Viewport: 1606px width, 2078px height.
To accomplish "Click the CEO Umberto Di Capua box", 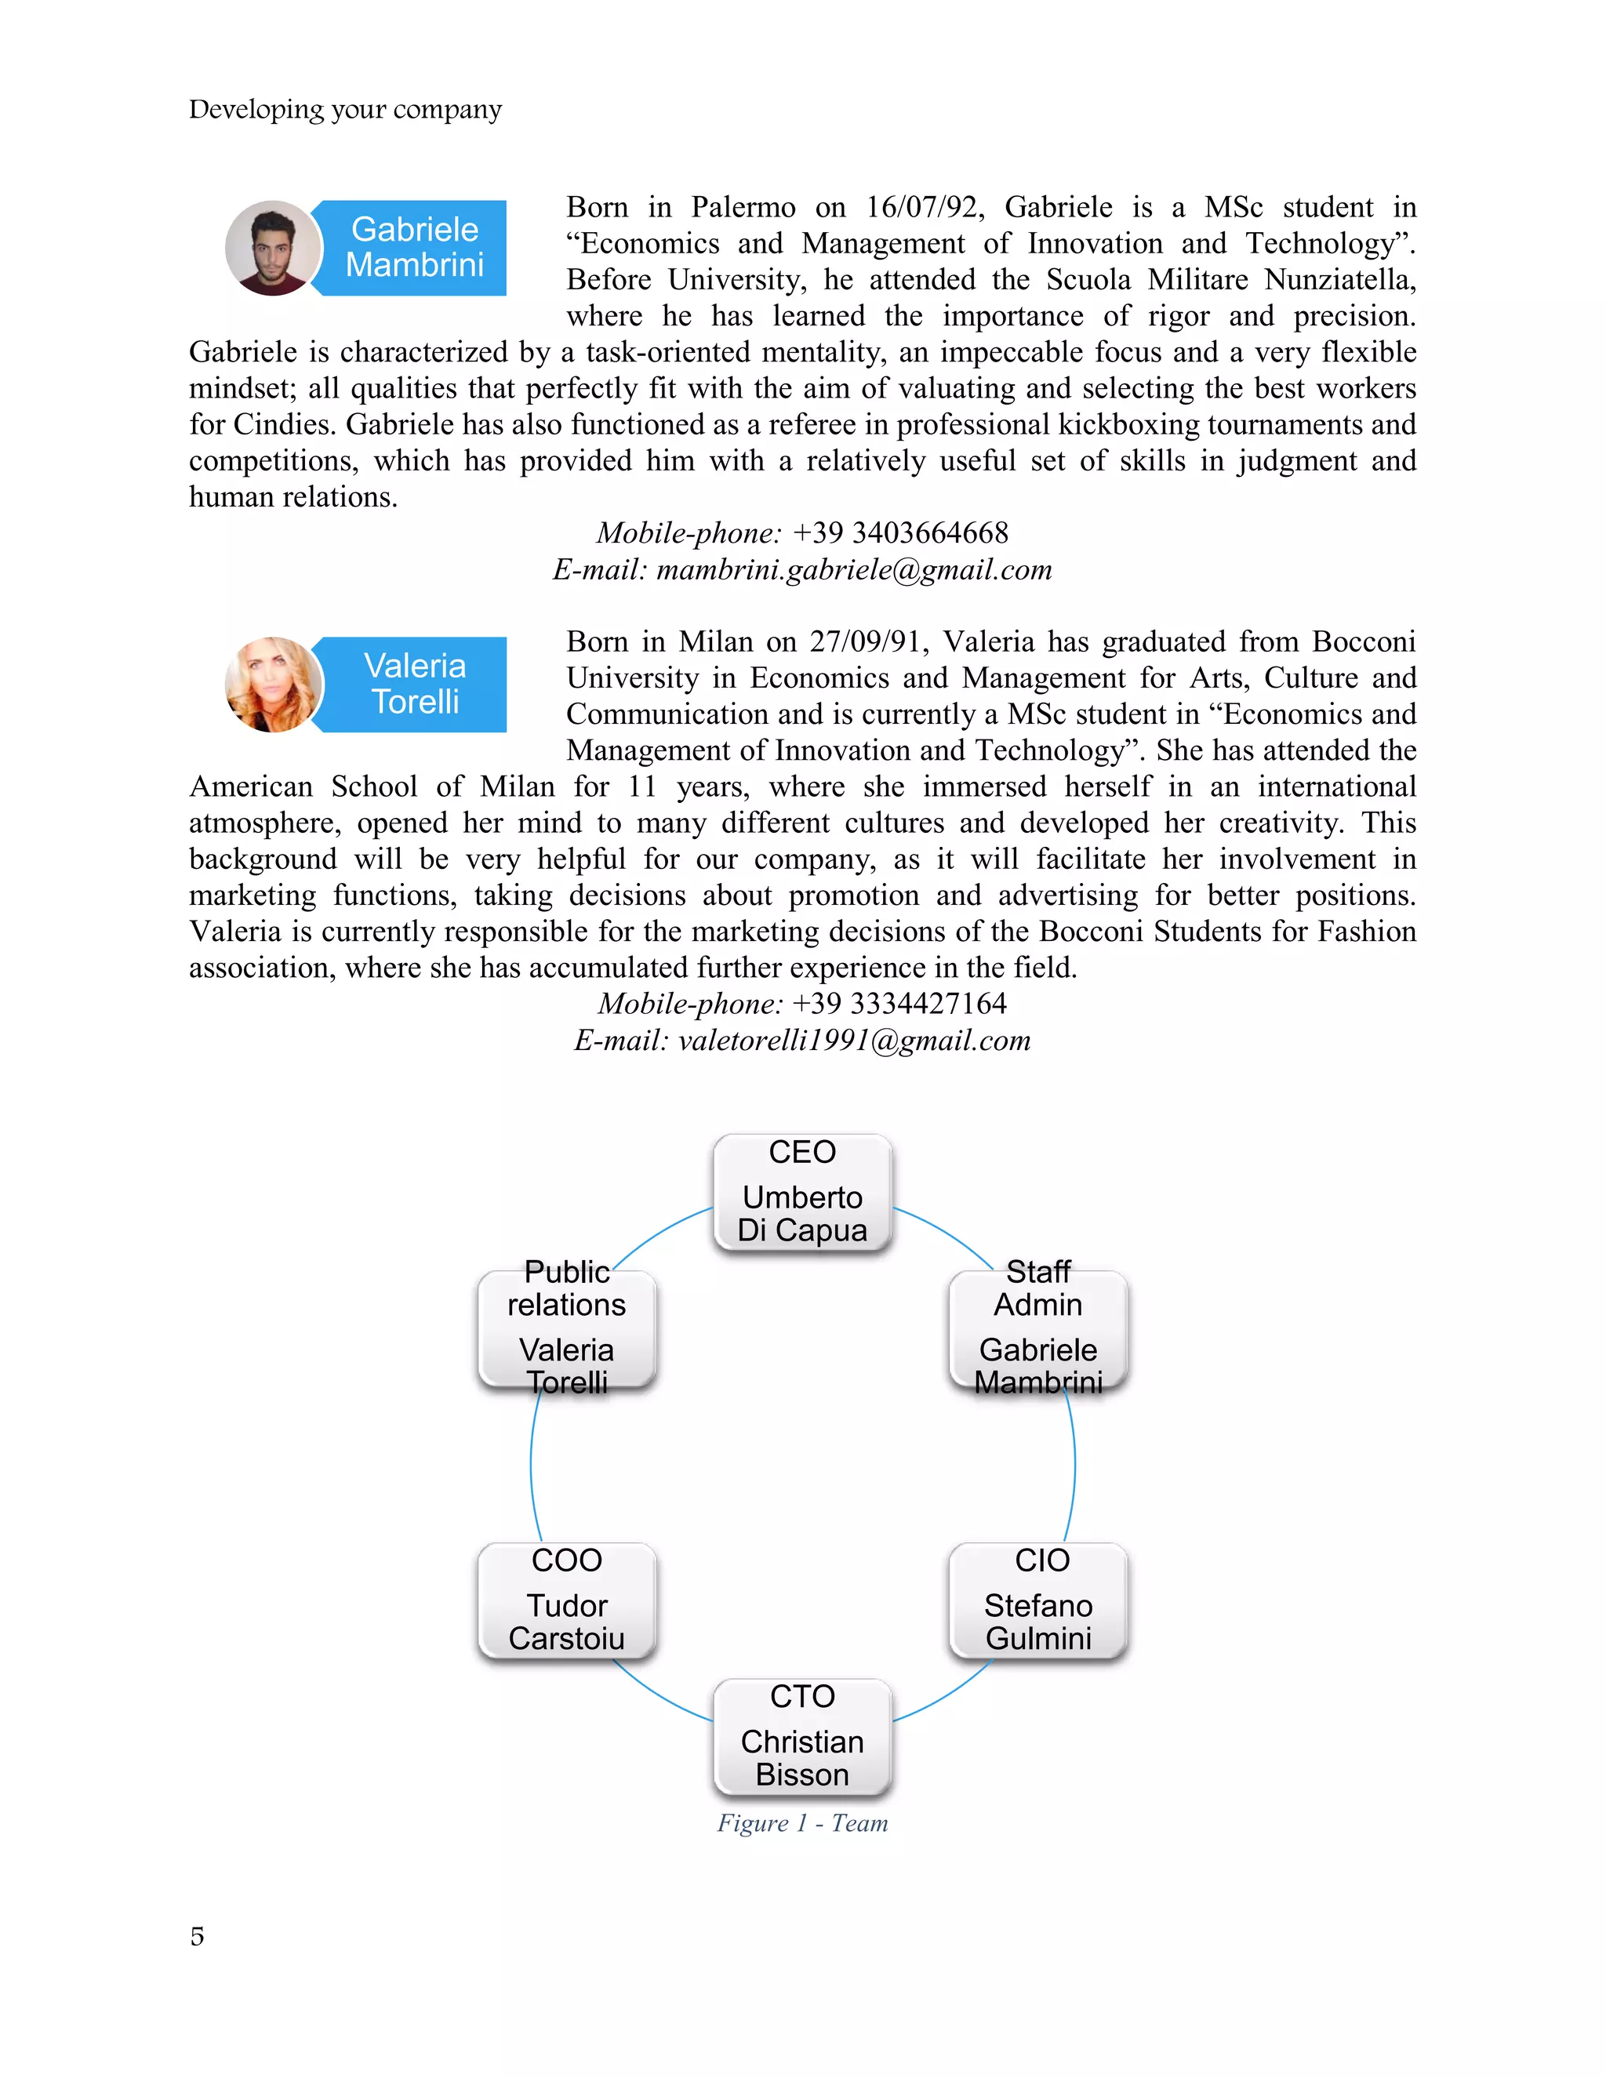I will (x=802, y=1192).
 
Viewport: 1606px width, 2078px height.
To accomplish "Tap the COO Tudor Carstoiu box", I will (x=567, y=1601).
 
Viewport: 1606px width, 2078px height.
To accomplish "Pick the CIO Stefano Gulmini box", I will (x=1038, y=1601).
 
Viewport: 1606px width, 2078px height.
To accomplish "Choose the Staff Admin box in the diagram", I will (x=1038, y=1329).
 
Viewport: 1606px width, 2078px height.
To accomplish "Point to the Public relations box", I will (x=567, y=1329).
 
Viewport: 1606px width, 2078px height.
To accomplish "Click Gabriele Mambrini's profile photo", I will (x=273, y=249).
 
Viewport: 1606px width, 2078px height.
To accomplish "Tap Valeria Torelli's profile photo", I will (x=273, y=684).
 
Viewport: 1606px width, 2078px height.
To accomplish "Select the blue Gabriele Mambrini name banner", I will (x=415, y=247).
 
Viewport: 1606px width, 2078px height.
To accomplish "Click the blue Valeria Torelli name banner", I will (x=415, y=684).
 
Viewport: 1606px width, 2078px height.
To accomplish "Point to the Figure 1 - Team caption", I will (x=802, y=1823).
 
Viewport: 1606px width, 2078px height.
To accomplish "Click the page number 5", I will (x=197, y=1937).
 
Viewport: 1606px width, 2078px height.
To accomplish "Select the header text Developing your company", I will (x=345, y=110).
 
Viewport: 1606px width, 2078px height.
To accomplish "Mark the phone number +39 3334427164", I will (x=899, y=1004).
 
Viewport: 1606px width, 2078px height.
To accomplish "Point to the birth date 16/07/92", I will (x=921, y=208).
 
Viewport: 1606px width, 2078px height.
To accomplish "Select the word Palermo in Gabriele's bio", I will (x=743, y=208).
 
